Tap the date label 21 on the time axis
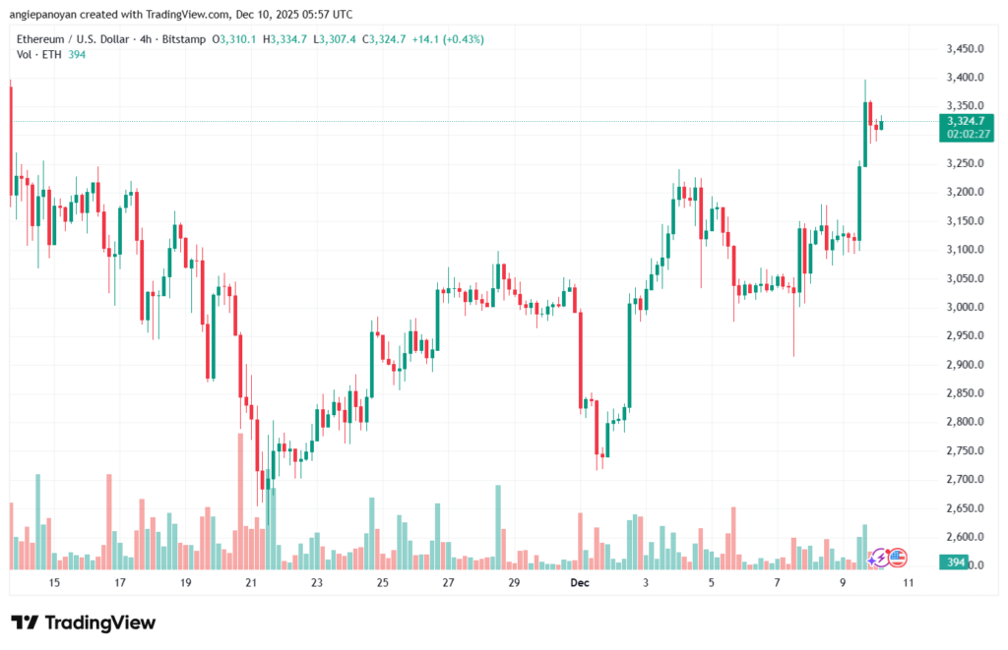pos(251,583)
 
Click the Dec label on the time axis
pos(580,583)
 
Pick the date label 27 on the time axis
pos(448,583)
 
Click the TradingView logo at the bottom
pos(83,622)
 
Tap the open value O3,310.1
pos(233,39)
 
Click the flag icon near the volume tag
pos(897,558)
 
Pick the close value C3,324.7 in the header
pos(387,39)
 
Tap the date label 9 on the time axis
pos(843,583)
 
